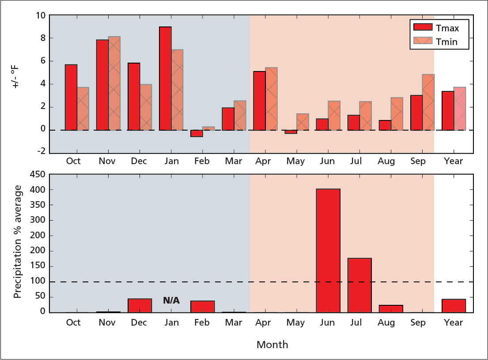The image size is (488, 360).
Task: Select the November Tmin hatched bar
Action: coord(114,83)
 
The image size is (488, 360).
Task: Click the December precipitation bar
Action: coord(140,305)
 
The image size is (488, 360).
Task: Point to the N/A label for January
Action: coord(171,300)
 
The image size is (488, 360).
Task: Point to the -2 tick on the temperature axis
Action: coord(41,152)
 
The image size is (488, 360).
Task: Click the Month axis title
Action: coord(272,345)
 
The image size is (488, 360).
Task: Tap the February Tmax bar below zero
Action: coord(197,133)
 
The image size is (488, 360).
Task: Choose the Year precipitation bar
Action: coord(454,305)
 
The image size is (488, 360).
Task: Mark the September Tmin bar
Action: coord(428,102)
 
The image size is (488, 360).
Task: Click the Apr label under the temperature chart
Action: coord(263,161)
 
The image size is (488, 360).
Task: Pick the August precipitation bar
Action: coord(391,308)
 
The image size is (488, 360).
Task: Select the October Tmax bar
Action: coord(71,97)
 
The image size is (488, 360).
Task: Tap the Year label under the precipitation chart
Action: coord(454,322)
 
